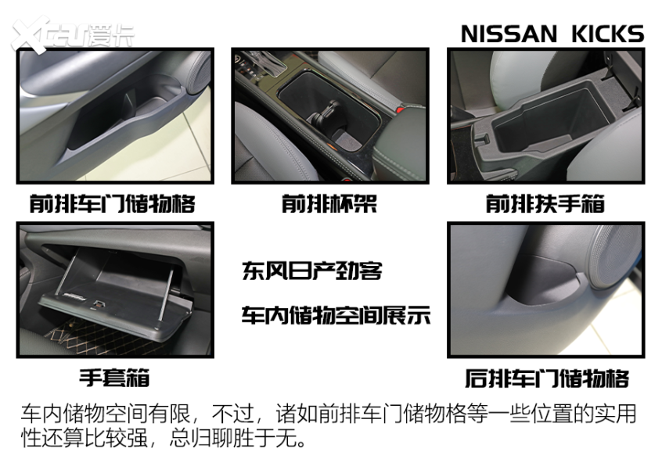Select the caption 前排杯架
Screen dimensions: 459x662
329,204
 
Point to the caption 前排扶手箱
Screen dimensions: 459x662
545,204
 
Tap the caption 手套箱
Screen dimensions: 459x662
114,378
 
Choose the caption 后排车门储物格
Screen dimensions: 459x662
546,378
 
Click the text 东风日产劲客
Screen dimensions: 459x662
311,272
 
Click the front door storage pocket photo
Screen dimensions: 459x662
114,115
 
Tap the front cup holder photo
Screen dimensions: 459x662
329,115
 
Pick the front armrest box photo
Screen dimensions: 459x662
545,115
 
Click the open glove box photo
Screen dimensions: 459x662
114,290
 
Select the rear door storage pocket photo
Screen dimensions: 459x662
545,290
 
